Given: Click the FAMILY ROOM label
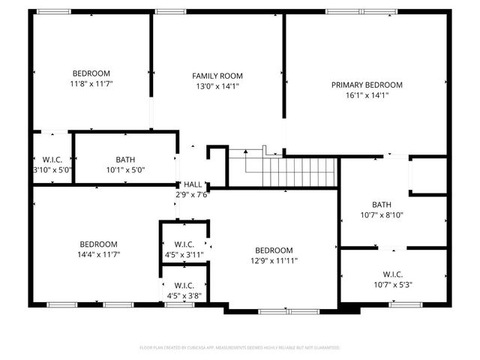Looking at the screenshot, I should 217,76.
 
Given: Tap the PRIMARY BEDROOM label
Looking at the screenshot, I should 367,85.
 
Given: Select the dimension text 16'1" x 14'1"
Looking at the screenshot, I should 367,95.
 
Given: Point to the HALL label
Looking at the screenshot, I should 193,184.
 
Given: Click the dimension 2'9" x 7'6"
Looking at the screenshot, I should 193,195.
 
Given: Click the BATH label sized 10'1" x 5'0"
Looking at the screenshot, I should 125,160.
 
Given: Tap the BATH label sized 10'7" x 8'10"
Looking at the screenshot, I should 382,205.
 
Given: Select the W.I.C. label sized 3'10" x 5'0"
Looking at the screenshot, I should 52,160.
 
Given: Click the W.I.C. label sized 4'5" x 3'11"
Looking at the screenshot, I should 184,244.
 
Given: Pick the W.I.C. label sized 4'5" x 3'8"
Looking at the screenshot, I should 184,286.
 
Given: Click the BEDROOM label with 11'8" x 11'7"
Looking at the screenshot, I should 91,73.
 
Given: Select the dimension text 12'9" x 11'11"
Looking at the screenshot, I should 273,261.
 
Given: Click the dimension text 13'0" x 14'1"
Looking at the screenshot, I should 217,86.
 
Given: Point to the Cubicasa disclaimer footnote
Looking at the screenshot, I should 240,348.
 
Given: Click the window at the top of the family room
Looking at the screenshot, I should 171,11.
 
